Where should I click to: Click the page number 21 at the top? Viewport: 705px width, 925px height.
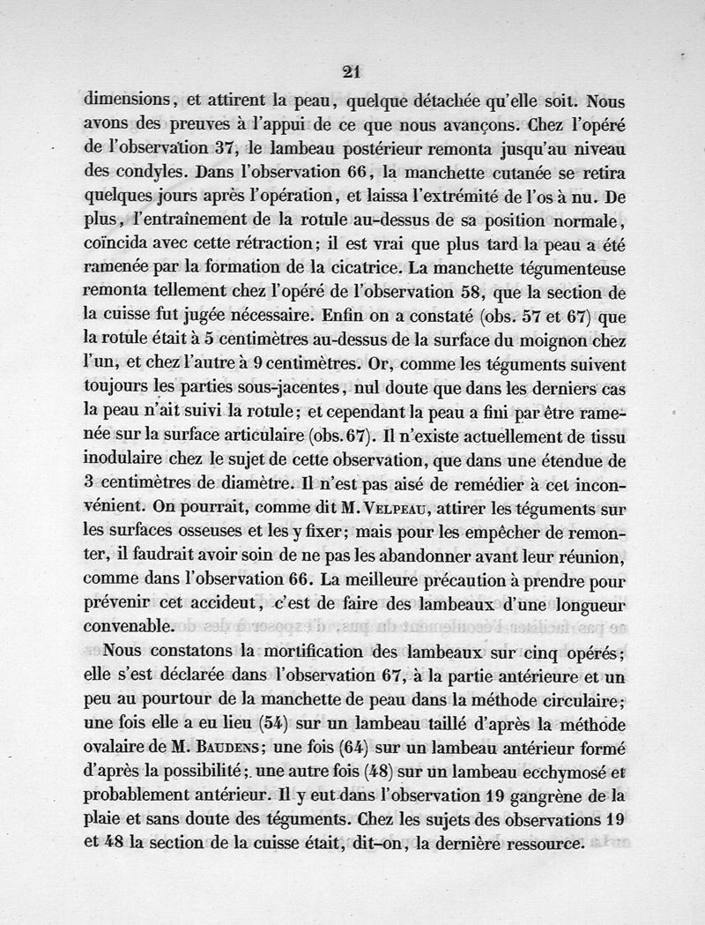click(353, 72)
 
